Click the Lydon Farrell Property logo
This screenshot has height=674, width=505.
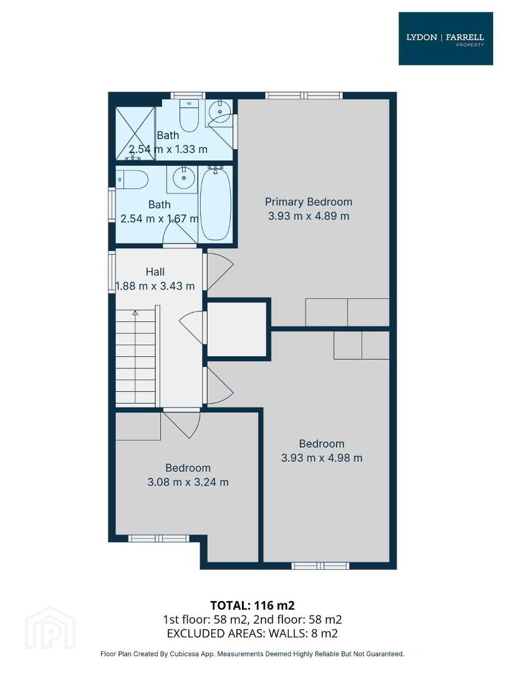446,39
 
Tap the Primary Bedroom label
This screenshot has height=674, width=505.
309,202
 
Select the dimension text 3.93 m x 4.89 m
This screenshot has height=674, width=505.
309,216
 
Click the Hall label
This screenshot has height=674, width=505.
155,271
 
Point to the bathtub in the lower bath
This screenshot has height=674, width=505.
216,204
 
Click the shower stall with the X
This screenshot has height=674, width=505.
135,134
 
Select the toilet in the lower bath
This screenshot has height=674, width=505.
132,180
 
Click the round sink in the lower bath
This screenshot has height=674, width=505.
184,178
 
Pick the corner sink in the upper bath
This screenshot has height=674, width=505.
219,112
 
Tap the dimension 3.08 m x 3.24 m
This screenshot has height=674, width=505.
188,482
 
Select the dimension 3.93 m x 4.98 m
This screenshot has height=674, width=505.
322,458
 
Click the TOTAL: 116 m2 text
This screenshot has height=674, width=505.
252,605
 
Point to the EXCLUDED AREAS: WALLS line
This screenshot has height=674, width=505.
252,633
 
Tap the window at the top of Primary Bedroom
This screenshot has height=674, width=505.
304,95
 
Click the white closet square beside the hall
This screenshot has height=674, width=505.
237,330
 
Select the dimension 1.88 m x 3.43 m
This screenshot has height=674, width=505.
155,286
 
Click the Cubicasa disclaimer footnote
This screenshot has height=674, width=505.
252,654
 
